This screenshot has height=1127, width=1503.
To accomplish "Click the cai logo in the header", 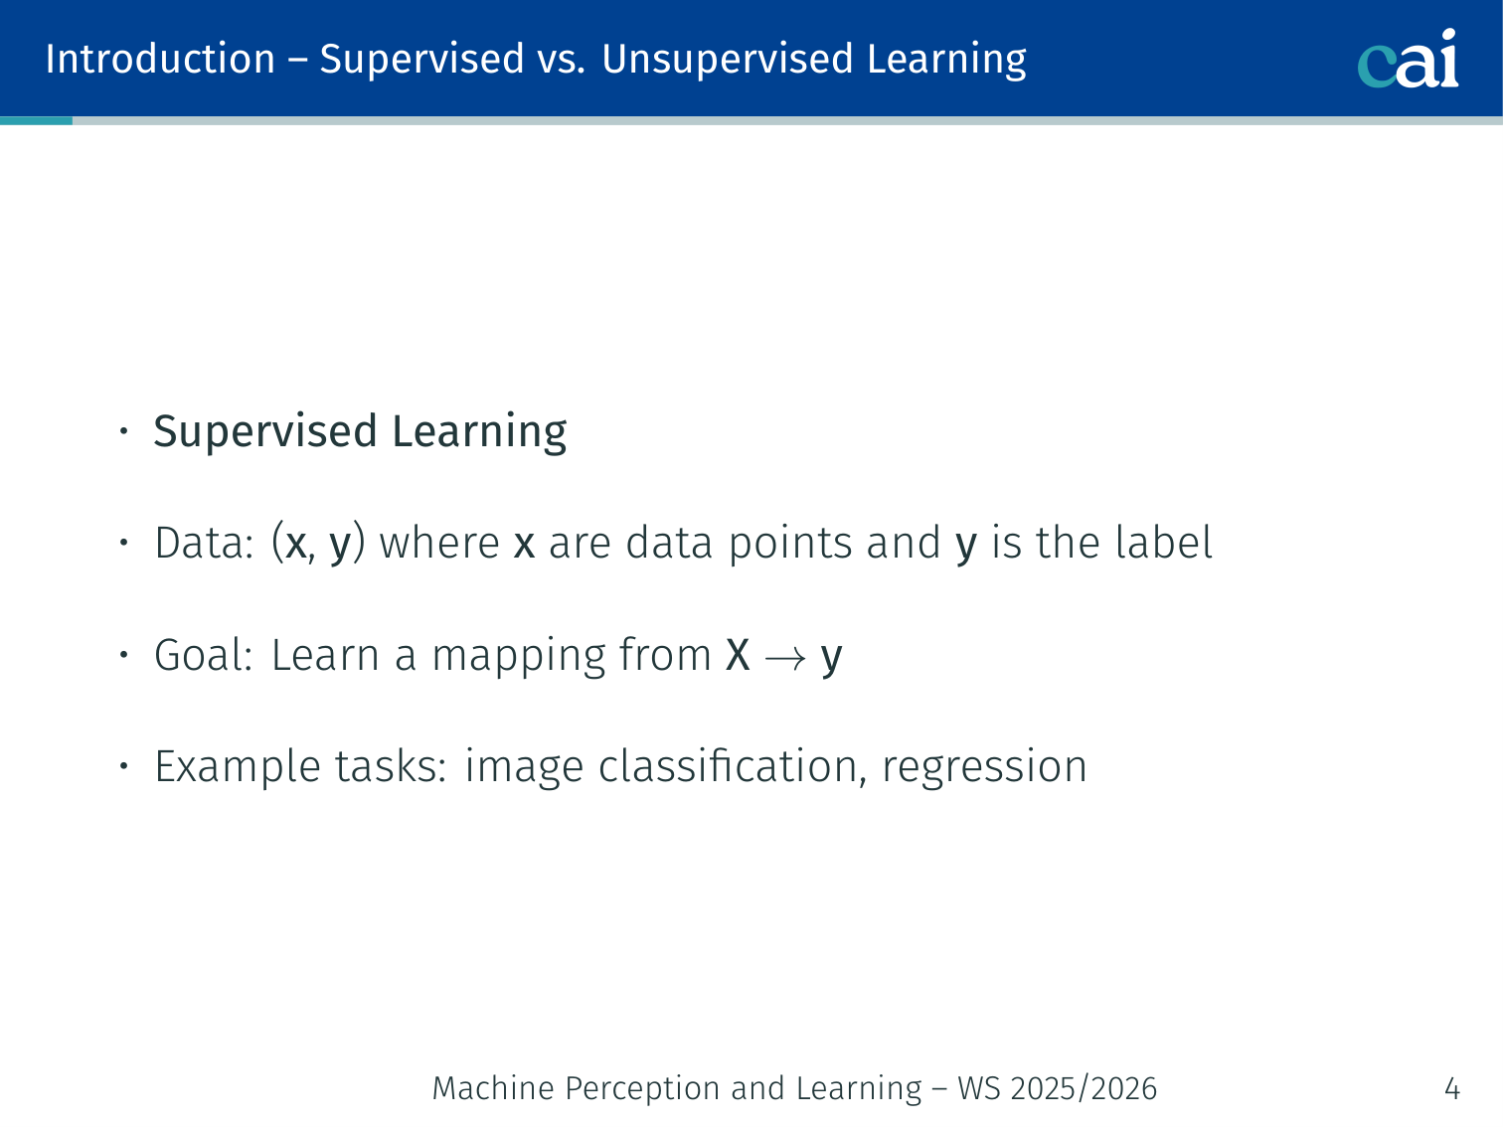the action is [x=1408, y=59].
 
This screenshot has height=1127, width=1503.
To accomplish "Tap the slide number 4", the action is [x=1451, y=1088].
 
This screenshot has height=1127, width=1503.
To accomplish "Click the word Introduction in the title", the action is [x=160, y=59].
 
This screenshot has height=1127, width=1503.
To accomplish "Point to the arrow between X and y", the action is [x=784, y=659].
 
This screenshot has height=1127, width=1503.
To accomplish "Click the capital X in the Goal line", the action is [x=738, y=655].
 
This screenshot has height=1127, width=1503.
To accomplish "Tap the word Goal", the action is [x=197, y=655].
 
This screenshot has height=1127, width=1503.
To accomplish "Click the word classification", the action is [x=728, y=765].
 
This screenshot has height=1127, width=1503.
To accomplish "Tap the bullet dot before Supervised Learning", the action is [x=124, y=431].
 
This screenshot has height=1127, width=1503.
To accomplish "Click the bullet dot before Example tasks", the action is [x=124, y=765].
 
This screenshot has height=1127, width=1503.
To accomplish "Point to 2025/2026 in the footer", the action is [x=1084, y=1088].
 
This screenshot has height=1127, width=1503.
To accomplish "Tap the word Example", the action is [x=238, y=767].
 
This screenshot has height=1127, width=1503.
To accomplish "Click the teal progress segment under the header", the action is [x=37, y=121].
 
